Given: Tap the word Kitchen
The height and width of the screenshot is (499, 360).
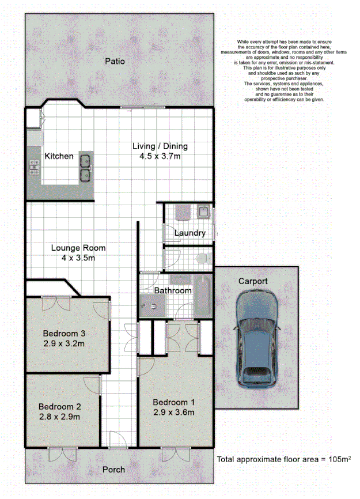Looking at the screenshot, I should [x=59, y=156].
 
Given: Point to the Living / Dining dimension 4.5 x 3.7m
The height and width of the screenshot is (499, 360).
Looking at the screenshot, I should [x=160, y=156].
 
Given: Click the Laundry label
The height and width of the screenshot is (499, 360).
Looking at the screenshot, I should [x=191, y=233].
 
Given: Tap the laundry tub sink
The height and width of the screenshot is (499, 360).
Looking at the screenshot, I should [x=204, y=212].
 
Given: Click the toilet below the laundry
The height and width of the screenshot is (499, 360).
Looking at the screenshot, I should [x=203, y=259].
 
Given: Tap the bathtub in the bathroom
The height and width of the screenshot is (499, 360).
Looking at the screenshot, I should [x=203, y=296].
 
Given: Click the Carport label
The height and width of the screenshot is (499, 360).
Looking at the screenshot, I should [x=253, y=281].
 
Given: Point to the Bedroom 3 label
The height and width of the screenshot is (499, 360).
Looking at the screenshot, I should [x=64, y=333].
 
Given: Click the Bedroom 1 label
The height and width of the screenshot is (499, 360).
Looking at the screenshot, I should [x=173, y=402].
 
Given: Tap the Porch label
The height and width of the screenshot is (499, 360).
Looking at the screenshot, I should [x=113, y=470].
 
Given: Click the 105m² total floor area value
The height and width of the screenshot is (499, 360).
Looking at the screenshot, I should [x=327, y=459].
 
